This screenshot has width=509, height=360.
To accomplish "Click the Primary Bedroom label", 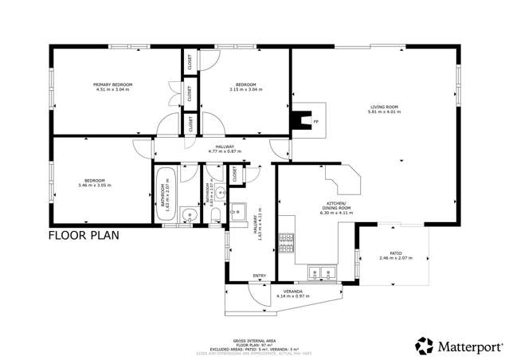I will [112, 87].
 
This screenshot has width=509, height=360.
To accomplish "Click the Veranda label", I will [289, 293].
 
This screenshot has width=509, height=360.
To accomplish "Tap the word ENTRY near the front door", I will [259, 276].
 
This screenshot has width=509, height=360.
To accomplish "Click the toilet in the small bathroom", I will [211, 213].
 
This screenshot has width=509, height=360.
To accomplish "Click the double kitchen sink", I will [323, 273].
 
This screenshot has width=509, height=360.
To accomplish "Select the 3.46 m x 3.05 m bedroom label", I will [95, 182].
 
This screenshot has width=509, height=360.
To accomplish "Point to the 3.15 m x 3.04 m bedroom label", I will [245, 87].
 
